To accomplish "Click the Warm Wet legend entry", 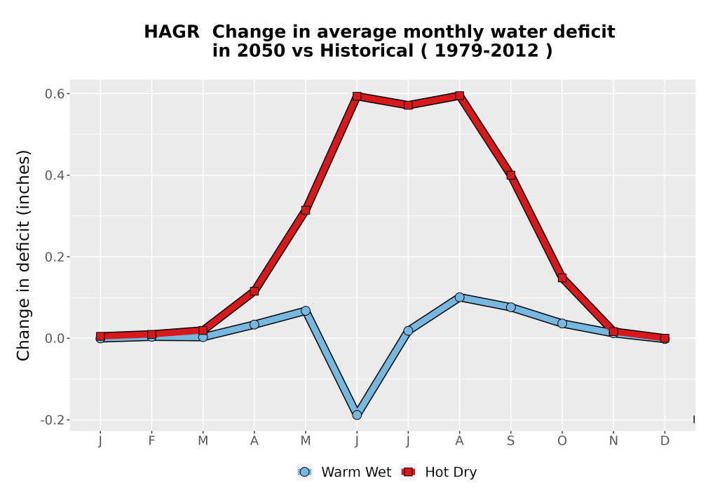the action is (x=343, y=472).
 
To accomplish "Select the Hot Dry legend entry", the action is (x=439, y=472).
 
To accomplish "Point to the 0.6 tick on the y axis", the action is (x=54, y=94).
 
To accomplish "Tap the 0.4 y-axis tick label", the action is (x=54, y=175).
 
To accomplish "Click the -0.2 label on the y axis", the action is (x=53, y=420).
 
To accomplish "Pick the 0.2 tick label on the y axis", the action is (x=54, y=257).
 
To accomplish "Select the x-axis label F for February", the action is (x=151, y=441).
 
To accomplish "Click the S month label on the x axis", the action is (x=511, y=441).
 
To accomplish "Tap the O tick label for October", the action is (x=562, y=441).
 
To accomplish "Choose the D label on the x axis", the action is (x=665, y=441).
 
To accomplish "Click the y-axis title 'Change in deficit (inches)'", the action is (x=23, y=255).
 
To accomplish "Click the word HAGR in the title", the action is (x=172, y=32).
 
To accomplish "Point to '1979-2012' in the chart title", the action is (x=486, y=51).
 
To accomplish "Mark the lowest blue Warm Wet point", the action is (x=357, y=415).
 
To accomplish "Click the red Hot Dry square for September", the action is (x=511, y=175).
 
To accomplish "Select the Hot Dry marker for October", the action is (x=562, y=278).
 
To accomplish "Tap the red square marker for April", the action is (x=254, y=291).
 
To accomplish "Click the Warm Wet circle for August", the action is (x=460, y=297).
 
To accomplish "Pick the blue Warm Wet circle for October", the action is (x=562, y=323).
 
